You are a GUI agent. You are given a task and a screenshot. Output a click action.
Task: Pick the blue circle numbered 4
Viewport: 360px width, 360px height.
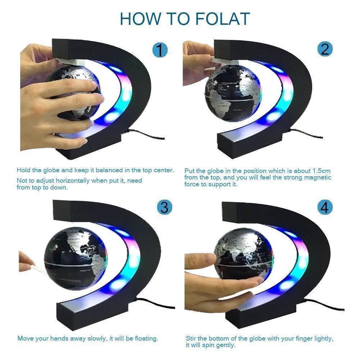pos(325,208)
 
